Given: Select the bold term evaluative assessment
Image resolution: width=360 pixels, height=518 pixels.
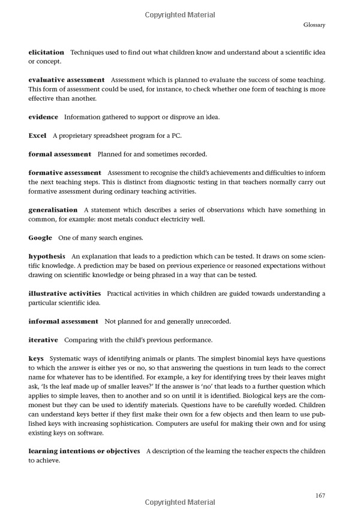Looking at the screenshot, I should coord(67,80).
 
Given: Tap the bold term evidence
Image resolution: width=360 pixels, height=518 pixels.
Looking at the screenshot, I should coord(43,116).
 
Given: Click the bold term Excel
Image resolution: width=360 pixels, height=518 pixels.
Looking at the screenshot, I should coord(38,135).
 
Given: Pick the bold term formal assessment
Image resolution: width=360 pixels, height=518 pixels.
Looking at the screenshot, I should coord(60,154).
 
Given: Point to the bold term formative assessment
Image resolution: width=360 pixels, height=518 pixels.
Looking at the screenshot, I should coord(65,173).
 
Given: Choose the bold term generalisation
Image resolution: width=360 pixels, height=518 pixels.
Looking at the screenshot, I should coord(53,210).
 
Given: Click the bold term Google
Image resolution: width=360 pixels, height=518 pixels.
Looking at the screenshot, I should coord(40,238).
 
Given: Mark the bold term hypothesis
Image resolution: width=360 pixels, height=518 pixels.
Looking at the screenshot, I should coord(47,257).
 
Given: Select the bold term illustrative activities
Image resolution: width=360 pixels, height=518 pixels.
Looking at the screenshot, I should coord(65,294).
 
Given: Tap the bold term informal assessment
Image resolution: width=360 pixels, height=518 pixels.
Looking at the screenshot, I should coord(63,321).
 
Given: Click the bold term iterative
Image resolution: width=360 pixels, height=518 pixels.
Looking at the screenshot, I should coord(43,340).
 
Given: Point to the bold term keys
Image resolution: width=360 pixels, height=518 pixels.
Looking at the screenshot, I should coord(36,359).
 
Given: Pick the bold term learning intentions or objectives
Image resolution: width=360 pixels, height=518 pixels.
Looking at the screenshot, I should coord(84,450).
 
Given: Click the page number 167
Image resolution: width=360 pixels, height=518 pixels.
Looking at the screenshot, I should coord(320,495).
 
